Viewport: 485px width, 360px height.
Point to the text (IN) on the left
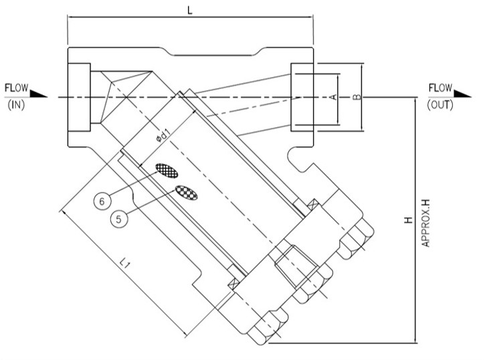pyautogui.click(x=14, y=106)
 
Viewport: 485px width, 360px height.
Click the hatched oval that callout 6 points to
pyautogui.click(x=167, y=171)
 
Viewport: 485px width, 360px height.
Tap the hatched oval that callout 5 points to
pyautogui.click(x=187, y=193)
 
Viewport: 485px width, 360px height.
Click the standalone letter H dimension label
pyautogui.click(x=407, y=220)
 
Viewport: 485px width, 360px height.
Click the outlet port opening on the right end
pyautogui.click(x=302, y=97)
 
